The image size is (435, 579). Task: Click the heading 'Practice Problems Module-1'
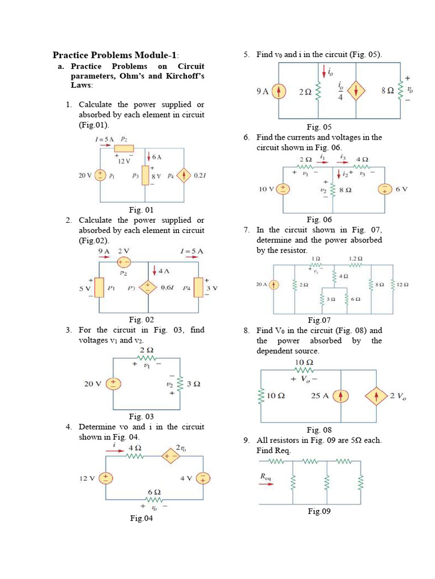coord(116,55)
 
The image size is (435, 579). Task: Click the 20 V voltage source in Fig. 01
coord(100,175)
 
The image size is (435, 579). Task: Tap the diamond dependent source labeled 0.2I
coord(184,175)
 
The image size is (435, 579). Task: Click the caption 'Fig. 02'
coord(142,319)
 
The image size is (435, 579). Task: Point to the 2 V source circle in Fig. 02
coord(123,262)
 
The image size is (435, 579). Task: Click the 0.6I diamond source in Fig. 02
coord(148,287)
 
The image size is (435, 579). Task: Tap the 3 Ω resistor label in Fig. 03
coord(194,384)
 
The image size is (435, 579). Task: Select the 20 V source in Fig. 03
coord(113,384)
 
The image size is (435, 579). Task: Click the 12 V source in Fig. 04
coord(105,478)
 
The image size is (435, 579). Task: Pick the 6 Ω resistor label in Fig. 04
coord(155,492)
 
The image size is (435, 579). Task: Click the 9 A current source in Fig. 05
coord(279,91)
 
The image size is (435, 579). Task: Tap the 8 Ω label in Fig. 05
coord(388,90)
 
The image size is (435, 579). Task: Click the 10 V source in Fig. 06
coord(282,189)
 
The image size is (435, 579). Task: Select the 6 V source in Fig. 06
coord(386,189)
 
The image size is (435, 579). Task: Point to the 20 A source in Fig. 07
coord(275,285)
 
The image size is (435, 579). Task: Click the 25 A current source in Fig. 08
coord(341,396)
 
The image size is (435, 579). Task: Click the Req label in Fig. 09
coord(266,477)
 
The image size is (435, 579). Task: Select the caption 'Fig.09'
coord(319,511)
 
